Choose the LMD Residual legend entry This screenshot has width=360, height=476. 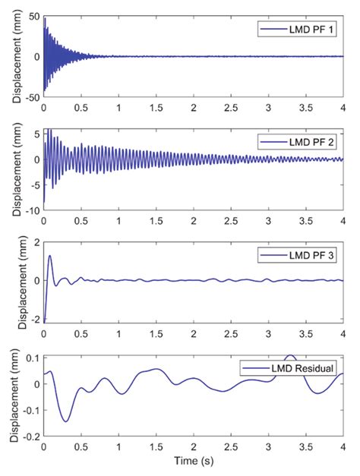288,368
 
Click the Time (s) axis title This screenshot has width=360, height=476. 194,461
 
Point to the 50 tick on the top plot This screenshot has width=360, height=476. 34,17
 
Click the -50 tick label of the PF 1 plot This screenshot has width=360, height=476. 33,97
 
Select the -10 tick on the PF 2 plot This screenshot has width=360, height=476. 33,211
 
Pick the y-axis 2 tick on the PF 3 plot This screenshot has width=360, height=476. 37,242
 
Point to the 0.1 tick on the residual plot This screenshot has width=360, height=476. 33,358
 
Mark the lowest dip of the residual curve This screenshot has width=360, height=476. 66,421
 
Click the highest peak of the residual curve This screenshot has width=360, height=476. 291,355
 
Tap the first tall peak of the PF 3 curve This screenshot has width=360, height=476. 50,256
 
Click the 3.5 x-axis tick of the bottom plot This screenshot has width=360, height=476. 305,447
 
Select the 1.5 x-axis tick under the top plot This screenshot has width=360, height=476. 156,108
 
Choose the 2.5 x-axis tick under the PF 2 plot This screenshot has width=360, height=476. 231,221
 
